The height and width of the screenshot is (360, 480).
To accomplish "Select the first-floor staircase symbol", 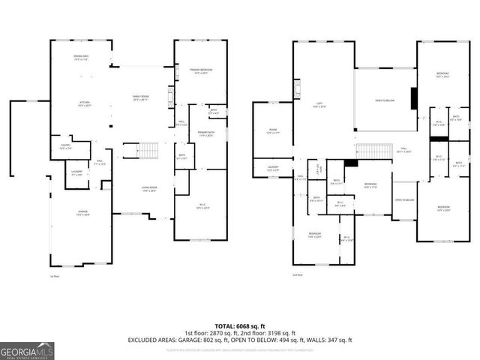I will [149, 151].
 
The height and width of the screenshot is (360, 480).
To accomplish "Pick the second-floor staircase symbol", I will [370, 151].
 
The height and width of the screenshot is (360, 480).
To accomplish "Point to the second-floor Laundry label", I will [274, 169].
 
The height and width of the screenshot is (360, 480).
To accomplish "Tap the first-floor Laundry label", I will [76, 173].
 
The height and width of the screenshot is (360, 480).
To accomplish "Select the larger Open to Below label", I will [384, 100].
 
